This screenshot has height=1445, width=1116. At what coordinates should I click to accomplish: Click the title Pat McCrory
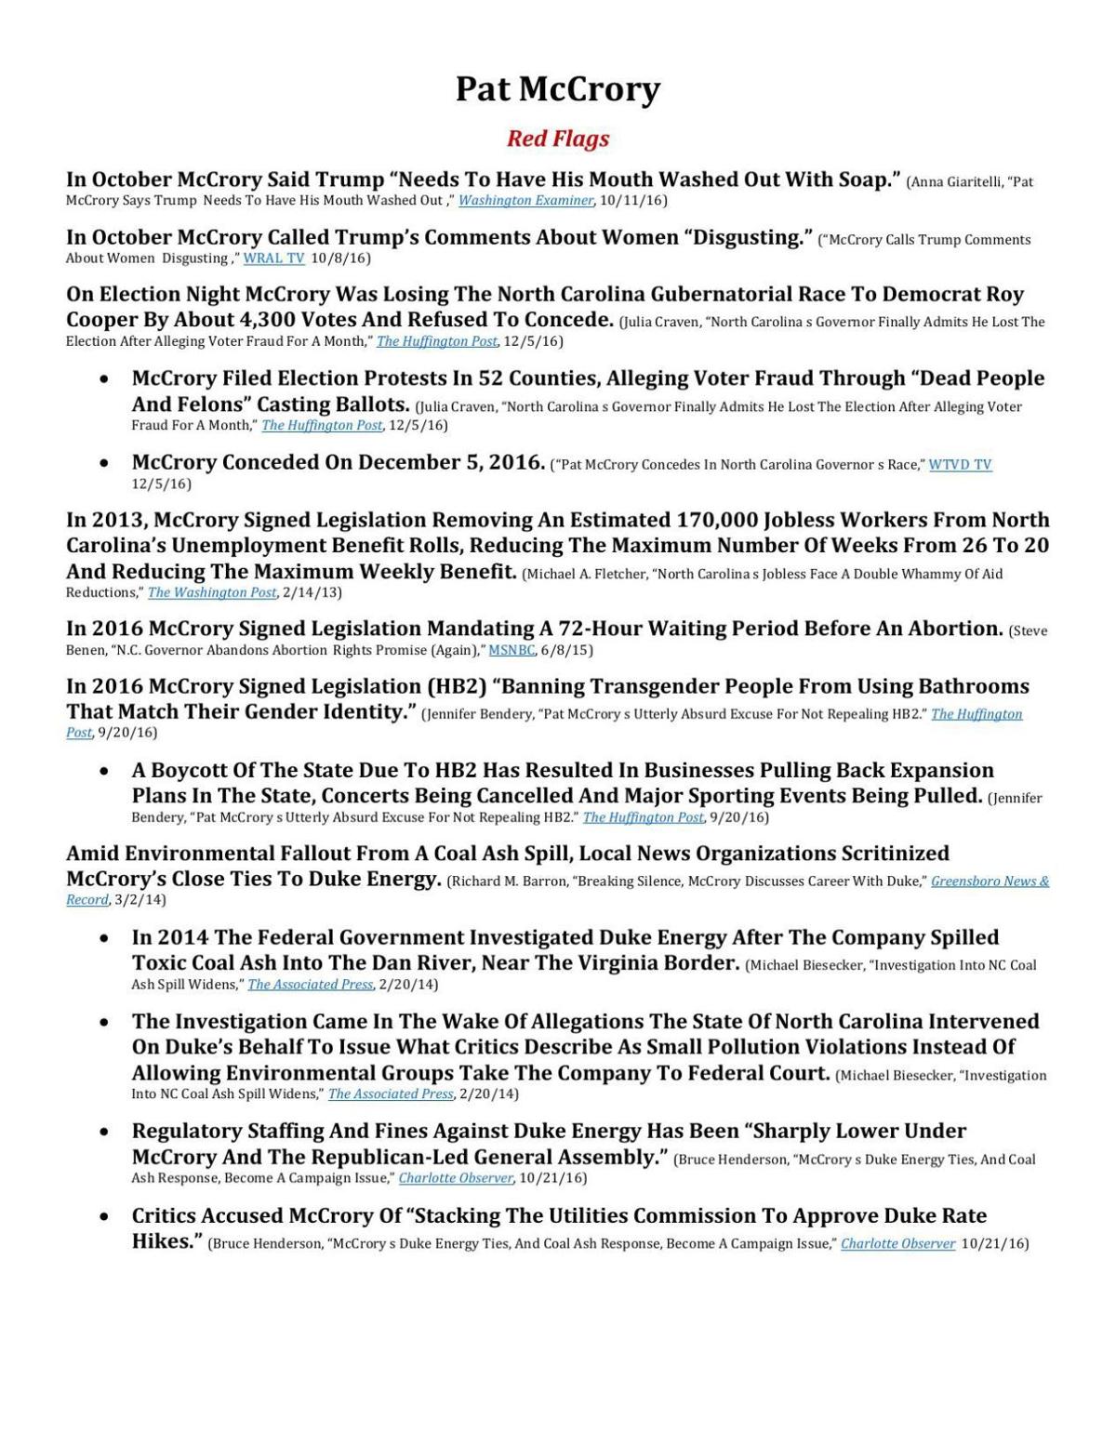[557, 89]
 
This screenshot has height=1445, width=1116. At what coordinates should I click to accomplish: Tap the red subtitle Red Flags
[557, 139]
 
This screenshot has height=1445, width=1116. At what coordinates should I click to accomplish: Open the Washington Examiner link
[525, 201]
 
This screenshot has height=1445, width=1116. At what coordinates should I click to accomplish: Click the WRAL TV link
[273, 259]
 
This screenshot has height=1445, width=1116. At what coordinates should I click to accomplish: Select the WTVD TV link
[960, 465]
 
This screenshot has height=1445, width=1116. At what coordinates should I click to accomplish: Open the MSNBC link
[511, 650]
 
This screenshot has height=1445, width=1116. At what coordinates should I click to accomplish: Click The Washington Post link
[212, 592]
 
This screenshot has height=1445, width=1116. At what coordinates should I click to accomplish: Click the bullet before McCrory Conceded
[107, 463]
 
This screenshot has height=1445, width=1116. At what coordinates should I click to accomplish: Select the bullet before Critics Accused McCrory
[107, 1216]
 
